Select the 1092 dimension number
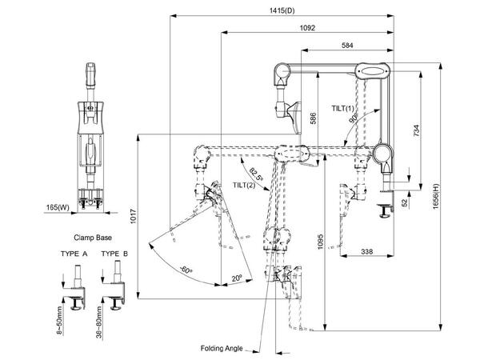(x=307, y=28)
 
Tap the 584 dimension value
(x=346, y=46)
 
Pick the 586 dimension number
(x=314, y=118)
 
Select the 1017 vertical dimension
(x=131, y=215)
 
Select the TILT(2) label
(x=244, y=186)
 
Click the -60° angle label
(x=186, y=269)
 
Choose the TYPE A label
(x=74, y=254)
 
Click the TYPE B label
(x=115, y=254)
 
